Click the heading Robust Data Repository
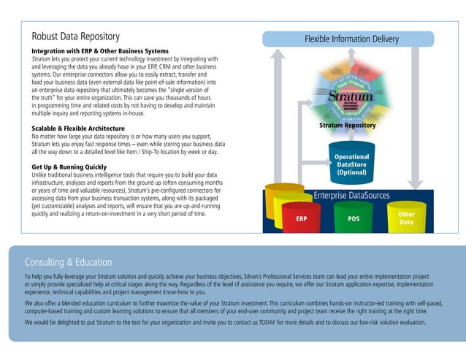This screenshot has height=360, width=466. (76, 36)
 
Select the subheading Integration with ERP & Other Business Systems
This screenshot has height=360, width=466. (100, 50)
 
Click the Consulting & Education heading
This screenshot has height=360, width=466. (69, 262)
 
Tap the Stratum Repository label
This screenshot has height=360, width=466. (348, 126)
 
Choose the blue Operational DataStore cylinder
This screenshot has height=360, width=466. (351, 164)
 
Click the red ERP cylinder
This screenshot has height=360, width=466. (301, 218)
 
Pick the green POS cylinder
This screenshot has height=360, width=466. (354, 218)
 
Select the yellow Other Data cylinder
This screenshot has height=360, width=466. (406, 218)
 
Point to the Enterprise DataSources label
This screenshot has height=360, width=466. (351, 195)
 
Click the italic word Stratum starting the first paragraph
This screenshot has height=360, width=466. (43, 58)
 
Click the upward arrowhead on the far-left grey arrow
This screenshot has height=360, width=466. (278, 57)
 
